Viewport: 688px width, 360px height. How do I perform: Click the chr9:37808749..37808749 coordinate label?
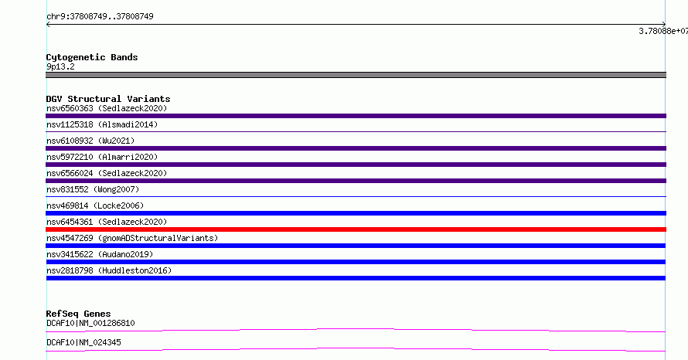click(x=100, y=17)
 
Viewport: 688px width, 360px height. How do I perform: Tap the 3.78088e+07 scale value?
click(x=663, y=31)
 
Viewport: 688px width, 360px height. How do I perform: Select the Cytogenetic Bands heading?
click(x=92, y=57)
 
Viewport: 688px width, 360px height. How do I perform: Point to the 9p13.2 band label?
click(x=60, y=66)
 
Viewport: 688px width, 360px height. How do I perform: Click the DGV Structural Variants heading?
click(x=108, y=99)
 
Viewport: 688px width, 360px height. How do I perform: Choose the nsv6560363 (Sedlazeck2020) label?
click(x=107, y=108)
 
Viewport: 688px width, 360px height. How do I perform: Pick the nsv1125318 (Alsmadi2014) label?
click(x=102, y=124)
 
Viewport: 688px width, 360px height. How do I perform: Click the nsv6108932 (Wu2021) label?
click(x=90, y=141)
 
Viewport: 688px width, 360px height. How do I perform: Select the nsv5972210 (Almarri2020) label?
click(x=102, y=157)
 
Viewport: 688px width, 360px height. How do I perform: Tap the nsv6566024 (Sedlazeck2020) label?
click(x=107, y=173)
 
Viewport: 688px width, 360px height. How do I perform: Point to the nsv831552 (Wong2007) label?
click(x=93, y=189)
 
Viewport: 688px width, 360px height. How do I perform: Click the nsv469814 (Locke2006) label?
click(x=95, y=205)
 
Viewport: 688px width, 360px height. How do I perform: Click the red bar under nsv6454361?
click(x=356, y=229)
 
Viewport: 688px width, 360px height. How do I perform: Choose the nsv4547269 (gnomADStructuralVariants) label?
click(x=132, y=238)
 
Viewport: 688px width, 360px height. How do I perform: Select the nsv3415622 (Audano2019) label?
click(x=100, y=254)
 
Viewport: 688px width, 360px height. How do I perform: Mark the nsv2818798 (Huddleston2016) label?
click(x=109, y=270)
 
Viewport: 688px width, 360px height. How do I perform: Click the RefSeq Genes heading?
click(x=79, y=314)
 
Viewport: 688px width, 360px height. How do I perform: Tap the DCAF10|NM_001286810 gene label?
click(x=90, y=323)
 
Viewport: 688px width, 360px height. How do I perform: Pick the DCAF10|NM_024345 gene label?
click(x=83, y=342)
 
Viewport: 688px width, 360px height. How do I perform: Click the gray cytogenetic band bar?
click(x=356, y=75)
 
